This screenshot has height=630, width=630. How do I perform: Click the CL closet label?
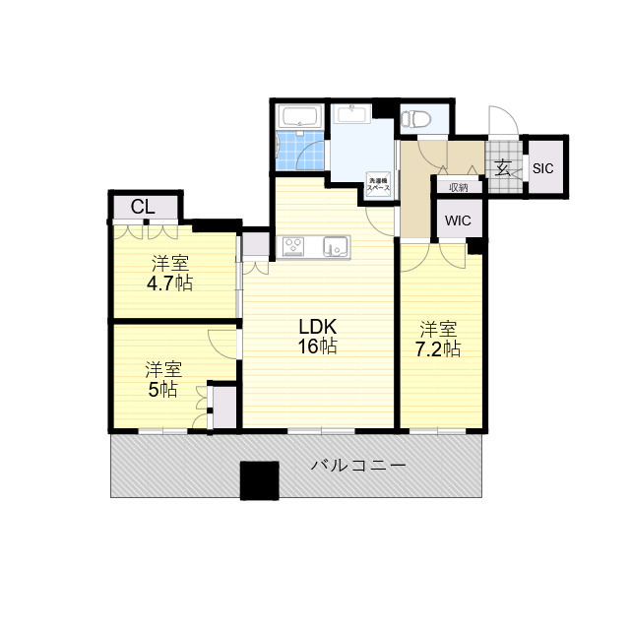(143, 207)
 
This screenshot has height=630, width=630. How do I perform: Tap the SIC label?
(543, 168)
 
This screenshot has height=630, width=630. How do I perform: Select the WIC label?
(458, 220)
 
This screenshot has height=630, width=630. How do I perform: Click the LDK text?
(319, 326)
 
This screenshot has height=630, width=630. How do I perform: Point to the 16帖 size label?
(319, 346)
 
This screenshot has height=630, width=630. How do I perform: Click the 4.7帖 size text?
(170, 283)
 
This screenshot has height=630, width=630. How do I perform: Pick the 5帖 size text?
(162, 389)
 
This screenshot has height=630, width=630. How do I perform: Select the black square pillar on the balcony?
(261, 481)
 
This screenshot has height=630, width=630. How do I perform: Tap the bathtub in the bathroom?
(299, 118)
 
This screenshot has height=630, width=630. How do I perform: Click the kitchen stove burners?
(293, 246)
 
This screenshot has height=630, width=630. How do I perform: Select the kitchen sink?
(335, 246)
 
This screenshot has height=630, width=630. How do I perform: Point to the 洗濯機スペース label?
(379, 182)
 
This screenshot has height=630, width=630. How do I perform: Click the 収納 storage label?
(459, 187)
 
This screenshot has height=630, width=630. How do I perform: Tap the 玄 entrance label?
(503, 167)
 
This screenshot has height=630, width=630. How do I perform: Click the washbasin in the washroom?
(350, 113)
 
